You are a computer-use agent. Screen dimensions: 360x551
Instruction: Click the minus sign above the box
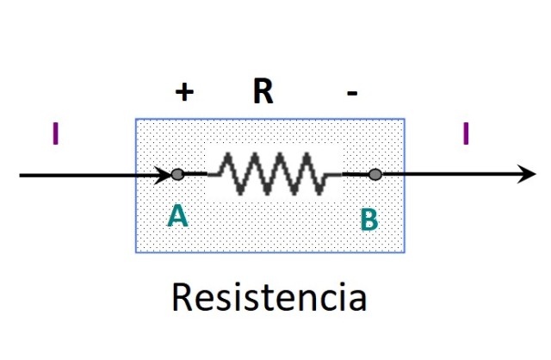click(351, 92)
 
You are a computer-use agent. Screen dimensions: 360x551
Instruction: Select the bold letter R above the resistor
click(263, 90)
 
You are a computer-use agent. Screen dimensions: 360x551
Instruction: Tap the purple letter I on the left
click(55, 134)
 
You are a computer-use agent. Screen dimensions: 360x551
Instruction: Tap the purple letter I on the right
click(466, 134)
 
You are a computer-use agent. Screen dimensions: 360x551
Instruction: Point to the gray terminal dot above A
click(177, 175)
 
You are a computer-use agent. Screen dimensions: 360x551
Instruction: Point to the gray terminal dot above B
click(375, 175)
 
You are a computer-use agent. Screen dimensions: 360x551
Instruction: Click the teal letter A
click(176, 217)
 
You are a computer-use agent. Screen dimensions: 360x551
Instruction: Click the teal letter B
click(368, 220)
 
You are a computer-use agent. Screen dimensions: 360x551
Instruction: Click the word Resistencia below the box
click(269, 297)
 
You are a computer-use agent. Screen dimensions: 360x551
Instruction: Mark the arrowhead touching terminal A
click(164, 175)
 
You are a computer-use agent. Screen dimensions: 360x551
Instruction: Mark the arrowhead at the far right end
click(527, 175)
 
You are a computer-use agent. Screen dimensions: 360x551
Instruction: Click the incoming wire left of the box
click(77, 176)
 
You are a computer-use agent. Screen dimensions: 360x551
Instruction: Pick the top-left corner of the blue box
click(136, 119)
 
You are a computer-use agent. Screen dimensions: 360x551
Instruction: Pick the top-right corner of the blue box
click(405, 119)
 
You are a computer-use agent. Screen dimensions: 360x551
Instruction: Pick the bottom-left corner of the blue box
click(136, 252)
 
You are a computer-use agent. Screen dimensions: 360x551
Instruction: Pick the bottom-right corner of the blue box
click(405, 252)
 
